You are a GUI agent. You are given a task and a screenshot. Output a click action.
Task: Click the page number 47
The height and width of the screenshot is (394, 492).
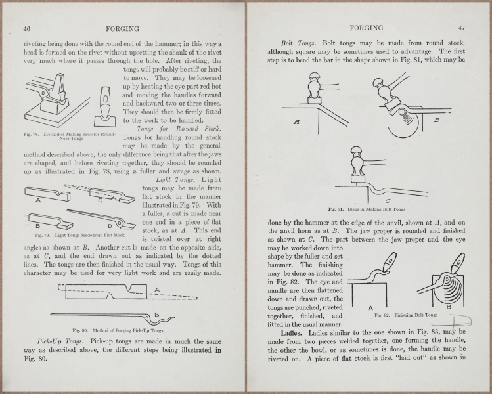tap(461, 28)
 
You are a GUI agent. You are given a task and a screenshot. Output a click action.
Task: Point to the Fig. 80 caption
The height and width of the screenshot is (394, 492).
tap(121, 328)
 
